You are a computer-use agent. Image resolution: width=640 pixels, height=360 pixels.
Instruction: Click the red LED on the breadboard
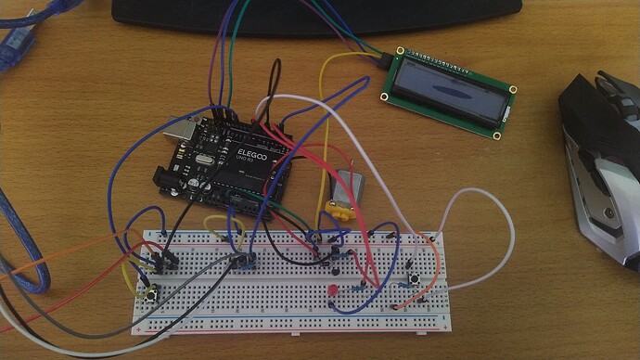click(x=331, y=294)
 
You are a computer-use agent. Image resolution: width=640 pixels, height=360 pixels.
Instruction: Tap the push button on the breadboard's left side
click(x=149, y=292)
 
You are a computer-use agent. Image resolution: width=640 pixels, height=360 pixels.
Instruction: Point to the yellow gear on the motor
click(x=341, y=212)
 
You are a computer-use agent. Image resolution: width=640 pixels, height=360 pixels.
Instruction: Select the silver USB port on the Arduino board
click(x=188, y=134)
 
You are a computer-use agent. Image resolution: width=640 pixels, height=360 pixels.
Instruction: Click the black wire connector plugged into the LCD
click(x=384, y=61)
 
